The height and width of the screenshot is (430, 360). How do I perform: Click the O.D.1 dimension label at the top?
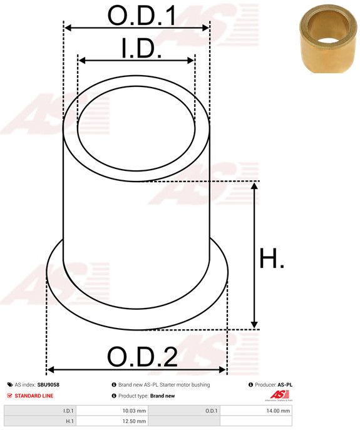142,15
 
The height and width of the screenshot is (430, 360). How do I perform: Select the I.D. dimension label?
141,48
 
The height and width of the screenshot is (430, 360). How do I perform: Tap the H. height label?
272,258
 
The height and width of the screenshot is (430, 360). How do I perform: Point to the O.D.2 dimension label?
142,357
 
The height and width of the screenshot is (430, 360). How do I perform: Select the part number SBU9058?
48,385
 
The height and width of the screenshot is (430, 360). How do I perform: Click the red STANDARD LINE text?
34,396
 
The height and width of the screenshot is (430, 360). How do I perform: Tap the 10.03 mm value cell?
112,411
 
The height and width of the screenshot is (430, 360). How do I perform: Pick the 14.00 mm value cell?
255,411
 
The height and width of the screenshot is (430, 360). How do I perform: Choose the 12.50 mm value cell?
112,421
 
